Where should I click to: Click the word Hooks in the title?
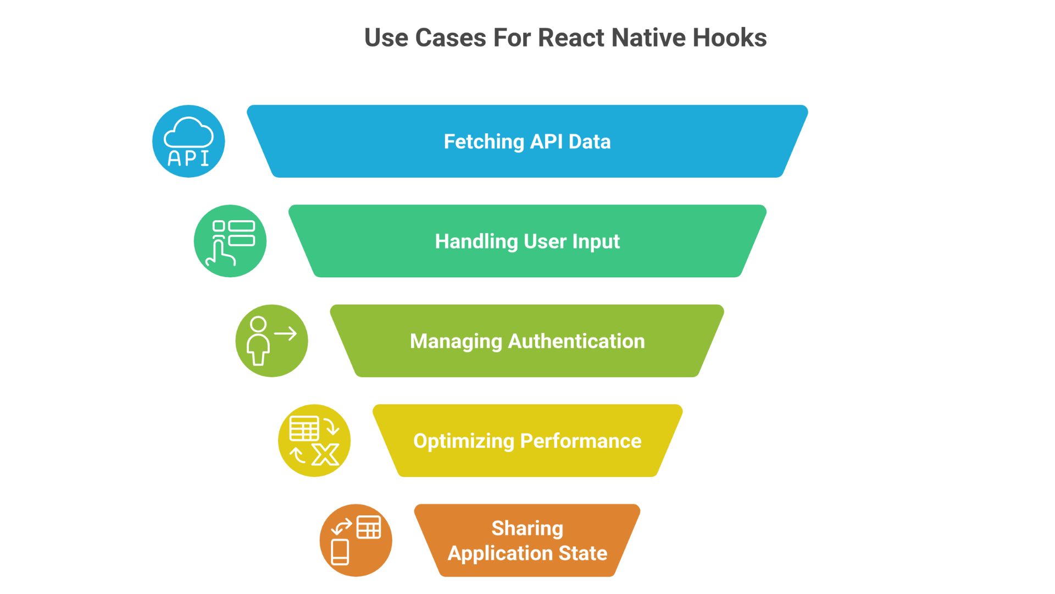(729, 38)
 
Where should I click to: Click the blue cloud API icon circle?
(188, 141)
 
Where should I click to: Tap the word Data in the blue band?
(590, 142)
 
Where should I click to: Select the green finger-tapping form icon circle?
(230, 241)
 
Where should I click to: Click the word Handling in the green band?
(476, 241)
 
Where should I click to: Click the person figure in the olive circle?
(258, 341)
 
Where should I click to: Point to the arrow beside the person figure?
(286, 333)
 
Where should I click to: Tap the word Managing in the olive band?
(456, 342)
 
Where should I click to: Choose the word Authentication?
(576, 342)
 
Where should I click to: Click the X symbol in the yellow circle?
(325, 454)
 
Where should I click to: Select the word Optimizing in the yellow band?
(463, 441)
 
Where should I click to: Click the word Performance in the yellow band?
(581, 441)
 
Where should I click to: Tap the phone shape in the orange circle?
(340, 552)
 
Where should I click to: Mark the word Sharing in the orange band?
(527, 529)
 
